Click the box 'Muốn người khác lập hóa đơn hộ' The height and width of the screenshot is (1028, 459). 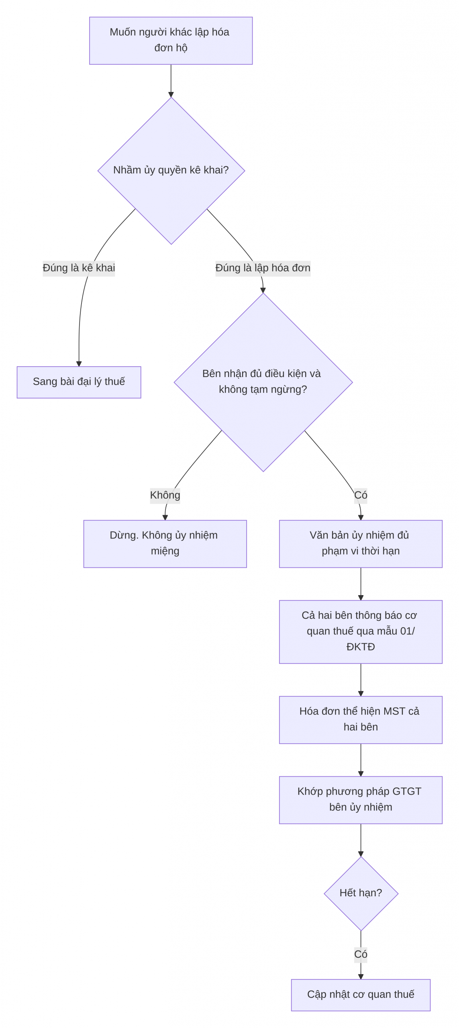[x=171, y=41]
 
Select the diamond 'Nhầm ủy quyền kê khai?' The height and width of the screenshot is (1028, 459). [x=171, y=170]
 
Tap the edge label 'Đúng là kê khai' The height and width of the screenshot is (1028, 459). [x=79, y=268]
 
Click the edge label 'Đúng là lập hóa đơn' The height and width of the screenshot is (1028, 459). [x=263, y=268]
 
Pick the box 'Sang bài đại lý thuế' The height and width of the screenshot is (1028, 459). [x=79, y=382]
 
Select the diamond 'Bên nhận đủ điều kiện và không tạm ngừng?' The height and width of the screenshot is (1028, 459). [x=263, y=382]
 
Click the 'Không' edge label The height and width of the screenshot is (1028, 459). [x=165, y=495]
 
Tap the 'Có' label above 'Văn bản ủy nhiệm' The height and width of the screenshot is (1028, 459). [x=361, y=495]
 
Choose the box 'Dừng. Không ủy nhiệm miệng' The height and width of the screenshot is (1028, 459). [x=165, y=544]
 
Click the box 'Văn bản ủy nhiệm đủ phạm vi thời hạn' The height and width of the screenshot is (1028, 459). [x=361, y=544]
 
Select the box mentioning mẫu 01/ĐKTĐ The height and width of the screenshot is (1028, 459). [x=361, y=632]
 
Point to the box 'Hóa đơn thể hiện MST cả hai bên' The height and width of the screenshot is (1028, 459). [x=361, y=720]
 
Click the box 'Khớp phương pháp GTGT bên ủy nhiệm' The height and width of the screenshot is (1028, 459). [x=361, y=800]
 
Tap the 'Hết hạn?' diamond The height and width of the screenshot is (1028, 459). [x=361, y=893]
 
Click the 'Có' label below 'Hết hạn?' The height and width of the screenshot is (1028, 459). [x=361, y=955]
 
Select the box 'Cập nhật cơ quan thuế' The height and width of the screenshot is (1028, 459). [x=361, y=995]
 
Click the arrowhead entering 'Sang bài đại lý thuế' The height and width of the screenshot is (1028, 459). [x=79, y=364]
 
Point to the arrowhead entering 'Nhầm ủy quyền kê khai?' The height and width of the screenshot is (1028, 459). [x=171, y=94]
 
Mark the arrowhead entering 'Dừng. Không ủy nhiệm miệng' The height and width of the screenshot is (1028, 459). [x=165, y=518]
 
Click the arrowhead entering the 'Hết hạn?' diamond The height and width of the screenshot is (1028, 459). [x=361, y=854]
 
